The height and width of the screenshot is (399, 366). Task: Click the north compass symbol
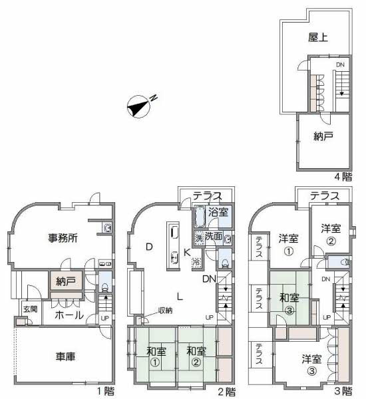tap(140, 104)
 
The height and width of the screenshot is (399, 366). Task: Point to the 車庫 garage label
tap(65, 356)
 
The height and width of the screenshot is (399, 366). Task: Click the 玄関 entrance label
tap(30, 309)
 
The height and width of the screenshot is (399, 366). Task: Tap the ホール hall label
tap(69, 315)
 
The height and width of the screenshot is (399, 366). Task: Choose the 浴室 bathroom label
tap(217, 213)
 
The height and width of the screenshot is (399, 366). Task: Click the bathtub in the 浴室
tap(200, 217)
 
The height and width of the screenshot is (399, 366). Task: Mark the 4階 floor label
tap(343, 176)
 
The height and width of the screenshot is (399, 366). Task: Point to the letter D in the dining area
tap(150, 247)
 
